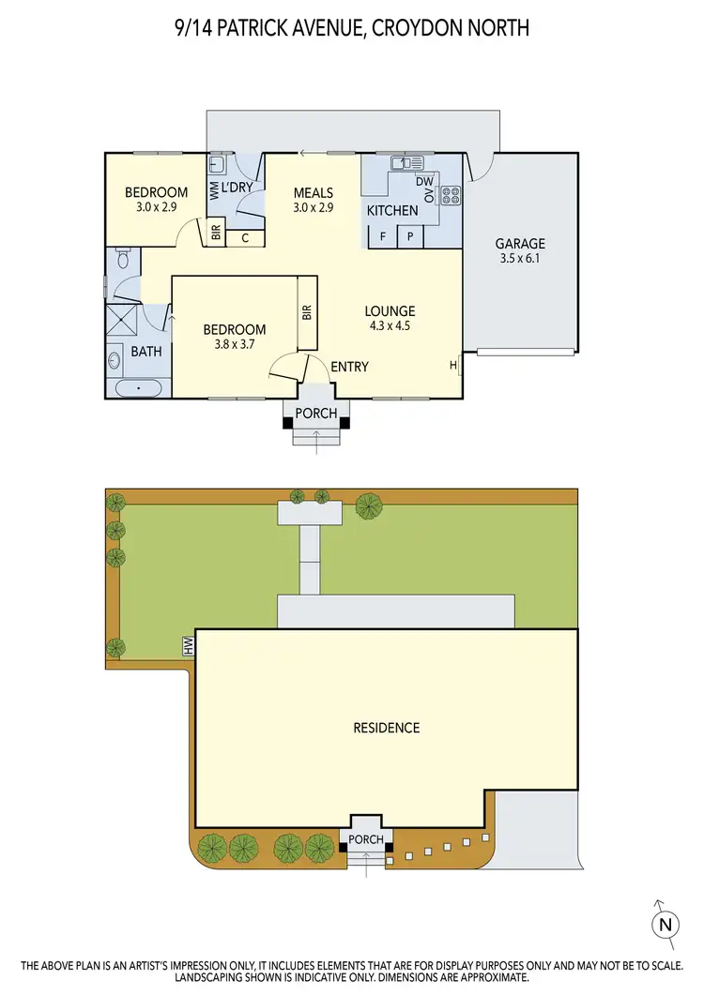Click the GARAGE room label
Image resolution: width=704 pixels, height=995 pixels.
[x=520, y=244]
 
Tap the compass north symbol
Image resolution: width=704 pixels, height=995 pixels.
[x=665, y=924]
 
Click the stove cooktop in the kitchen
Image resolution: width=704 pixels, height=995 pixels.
[x=451, y=196]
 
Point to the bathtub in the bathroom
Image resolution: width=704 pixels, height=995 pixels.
[x=139, y=386]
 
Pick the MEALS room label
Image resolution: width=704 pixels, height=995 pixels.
[x=314, y=192]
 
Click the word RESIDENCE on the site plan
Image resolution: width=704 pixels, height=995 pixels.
[x=386, y=728]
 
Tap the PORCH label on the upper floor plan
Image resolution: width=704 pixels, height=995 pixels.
[x=315, y=413]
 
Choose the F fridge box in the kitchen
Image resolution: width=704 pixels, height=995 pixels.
[x=383, y=236]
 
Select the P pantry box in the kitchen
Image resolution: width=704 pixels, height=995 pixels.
[x=410, y=236]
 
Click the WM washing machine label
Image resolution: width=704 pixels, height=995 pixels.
[x=214, y=191]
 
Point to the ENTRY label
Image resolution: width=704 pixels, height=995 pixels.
[x=349, y=367]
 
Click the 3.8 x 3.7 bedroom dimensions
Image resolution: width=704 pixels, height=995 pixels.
[x=235, y=344]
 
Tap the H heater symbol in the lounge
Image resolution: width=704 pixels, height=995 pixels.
[x=453, y=366]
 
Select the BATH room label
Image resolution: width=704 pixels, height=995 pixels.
[x=145, y=352]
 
